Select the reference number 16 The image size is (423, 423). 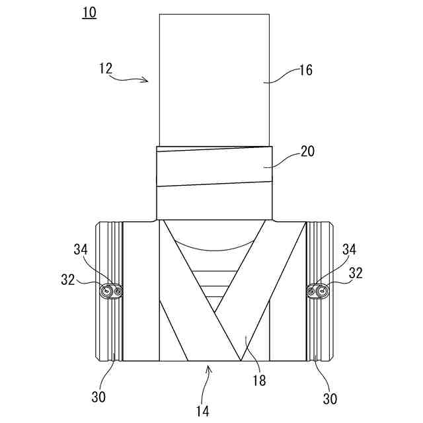click(x=306, y=69)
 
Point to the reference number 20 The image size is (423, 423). click(x=307, y=152)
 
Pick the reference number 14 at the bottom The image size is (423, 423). click(x=203, y=410)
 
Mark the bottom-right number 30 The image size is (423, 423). click(x=330, y=399)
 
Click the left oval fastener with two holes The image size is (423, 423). click(x=112, y=291)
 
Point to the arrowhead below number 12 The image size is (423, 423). click(x=147, y=81)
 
